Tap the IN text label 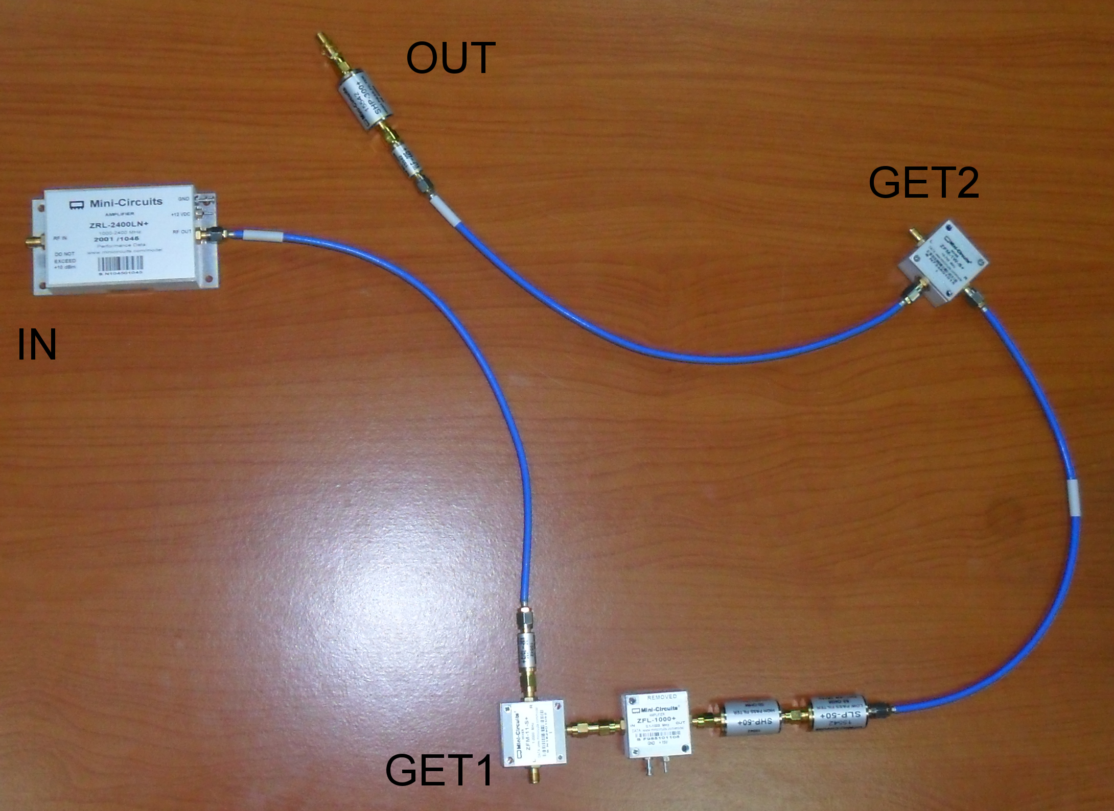tap(37, 345)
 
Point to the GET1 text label tap(438, 770)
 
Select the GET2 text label tap(923, 183)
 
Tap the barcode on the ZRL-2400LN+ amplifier tap(121, 263)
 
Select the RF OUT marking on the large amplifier tap(181, 232)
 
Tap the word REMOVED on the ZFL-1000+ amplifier tap(662, 697)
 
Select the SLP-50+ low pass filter tap(835, 713)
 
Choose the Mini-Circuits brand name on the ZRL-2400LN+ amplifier tap(126, 202)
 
